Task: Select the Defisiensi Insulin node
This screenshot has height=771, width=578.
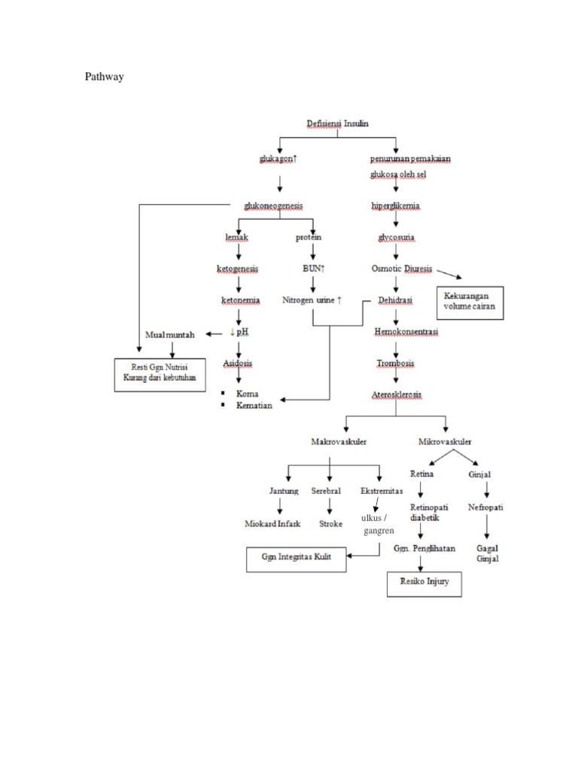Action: [x=338, y=123]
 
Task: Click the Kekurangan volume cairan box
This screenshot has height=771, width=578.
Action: [x=471, y=303]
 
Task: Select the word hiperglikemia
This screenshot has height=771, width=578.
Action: [x=396, y=206]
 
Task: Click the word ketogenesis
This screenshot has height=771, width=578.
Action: [x=238, y=269]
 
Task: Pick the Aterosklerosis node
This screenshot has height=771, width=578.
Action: [x=397, y=395]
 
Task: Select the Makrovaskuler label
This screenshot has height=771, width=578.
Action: [x=339, y=442]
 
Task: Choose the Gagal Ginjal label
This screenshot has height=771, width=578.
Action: [x=488, y=553]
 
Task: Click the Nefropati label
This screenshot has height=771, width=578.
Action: [x=486, y=507]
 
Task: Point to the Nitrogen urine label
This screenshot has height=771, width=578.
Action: [x=312, y=300]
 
